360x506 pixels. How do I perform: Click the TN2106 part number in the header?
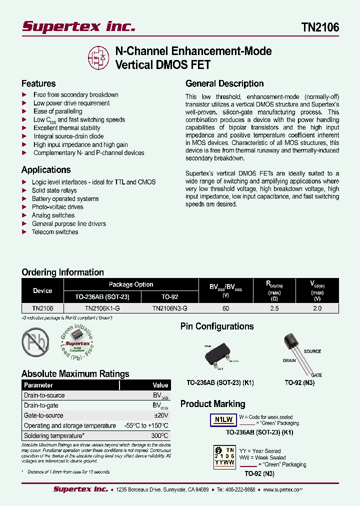[320, 27]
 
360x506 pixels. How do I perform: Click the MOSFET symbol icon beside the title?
[99, 57]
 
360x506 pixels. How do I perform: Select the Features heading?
[38, 83]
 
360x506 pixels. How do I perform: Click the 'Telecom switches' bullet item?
[55, 232]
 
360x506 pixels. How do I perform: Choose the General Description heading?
[224, 83]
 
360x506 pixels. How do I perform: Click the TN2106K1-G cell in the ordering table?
[102, 309]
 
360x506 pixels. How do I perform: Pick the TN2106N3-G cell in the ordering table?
[170, 309]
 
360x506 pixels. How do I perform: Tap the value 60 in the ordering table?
[226, 309]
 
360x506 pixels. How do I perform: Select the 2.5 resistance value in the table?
[274, 309]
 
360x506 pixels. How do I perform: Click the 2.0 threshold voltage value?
[317, 309]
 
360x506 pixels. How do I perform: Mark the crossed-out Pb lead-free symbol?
[35, 342]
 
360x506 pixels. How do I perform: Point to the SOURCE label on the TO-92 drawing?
[312, 351]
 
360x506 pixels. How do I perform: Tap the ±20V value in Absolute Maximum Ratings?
[161, 415]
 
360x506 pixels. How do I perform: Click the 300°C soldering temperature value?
[160, 436]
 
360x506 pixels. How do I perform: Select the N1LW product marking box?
[220, 420]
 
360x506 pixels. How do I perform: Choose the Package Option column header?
[131, 284]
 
